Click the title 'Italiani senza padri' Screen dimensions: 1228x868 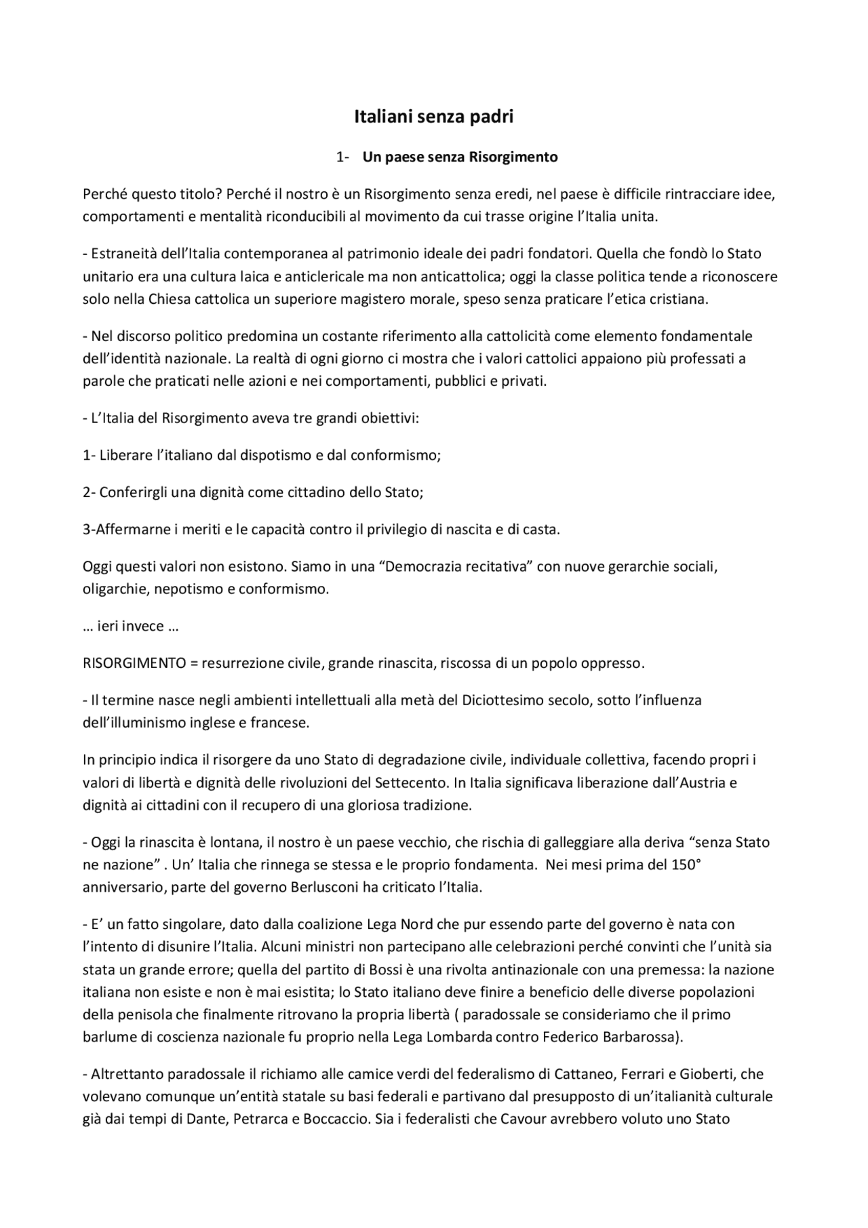pyautogui.click(x=433, y=117)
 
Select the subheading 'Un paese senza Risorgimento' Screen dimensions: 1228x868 pyautogui.click(x=460, y=157)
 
